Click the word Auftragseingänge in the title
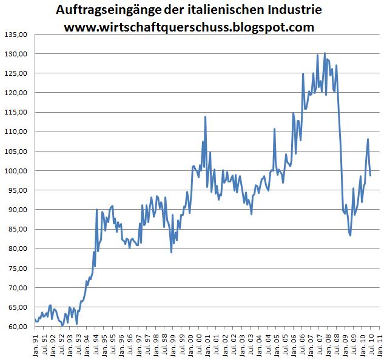(101, 11)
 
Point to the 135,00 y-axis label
(16, 35)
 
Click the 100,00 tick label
(16, 170)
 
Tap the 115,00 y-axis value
(16, 112)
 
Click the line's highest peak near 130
(325, 53)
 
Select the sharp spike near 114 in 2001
(206, 116)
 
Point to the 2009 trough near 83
(350, 235)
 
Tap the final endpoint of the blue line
(370, 176)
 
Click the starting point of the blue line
(36, 319)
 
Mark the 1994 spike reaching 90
(97, 210)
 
